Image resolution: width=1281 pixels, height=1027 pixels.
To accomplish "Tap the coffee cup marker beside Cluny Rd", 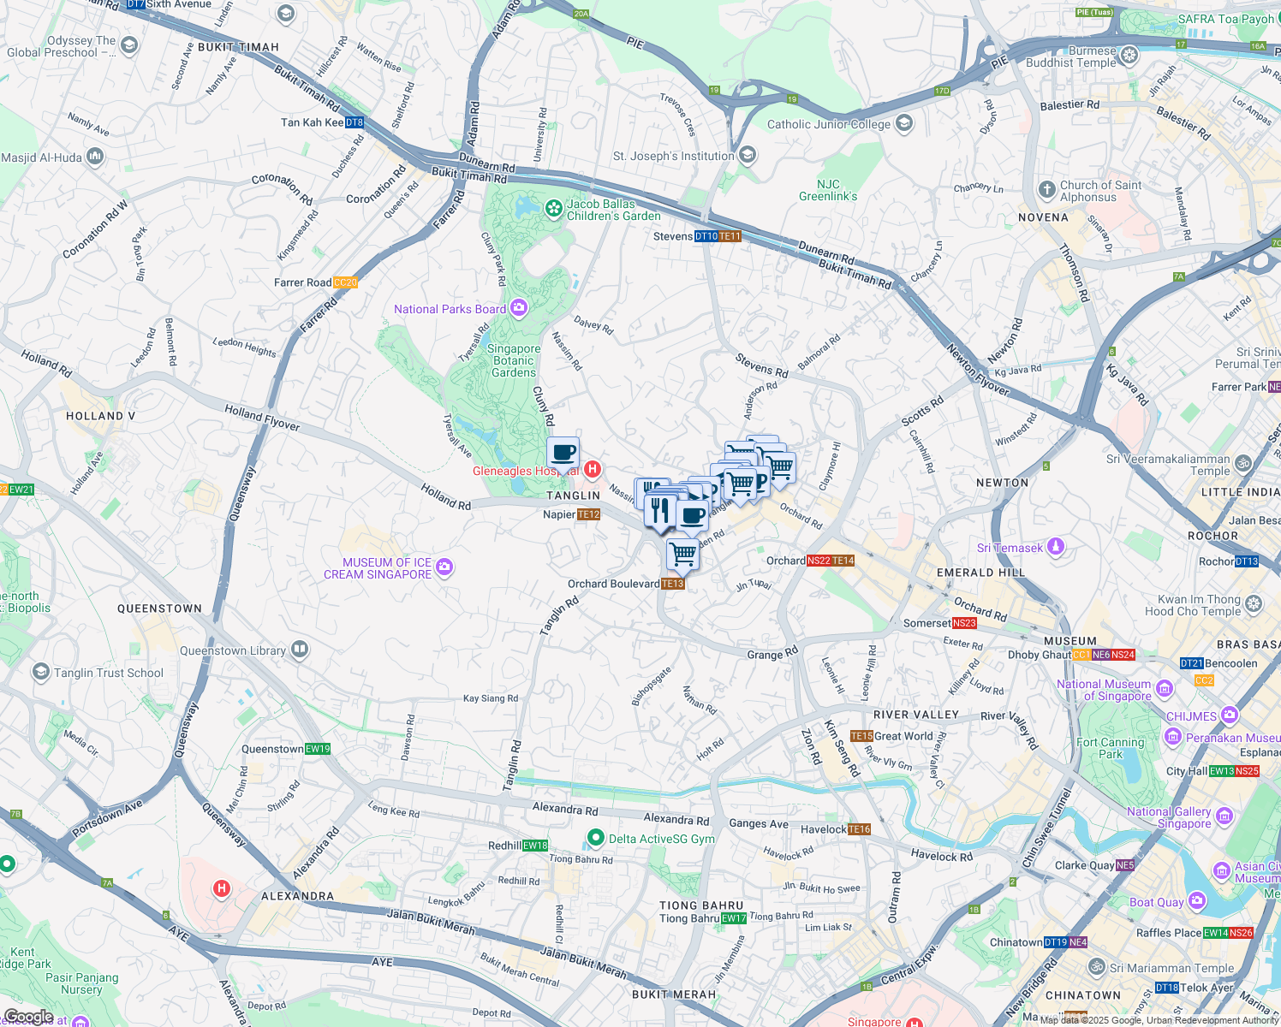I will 563,452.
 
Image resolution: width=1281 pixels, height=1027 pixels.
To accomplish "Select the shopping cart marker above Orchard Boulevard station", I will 682,554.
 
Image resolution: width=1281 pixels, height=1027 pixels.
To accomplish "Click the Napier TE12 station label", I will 571,514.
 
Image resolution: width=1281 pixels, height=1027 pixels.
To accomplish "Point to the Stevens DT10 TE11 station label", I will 696,236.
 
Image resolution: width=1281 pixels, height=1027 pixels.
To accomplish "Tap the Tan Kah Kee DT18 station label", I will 322,122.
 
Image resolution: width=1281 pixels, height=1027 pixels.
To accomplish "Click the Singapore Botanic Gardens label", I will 514,360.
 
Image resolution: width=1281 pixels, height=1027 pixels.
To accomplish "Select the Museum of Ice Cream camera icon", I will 444,567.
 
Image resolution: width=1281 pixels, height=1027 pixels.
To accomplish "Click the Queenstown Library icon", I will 299,650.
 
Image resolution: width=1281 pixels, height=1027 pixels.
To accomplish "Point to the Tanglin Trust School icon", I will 40,672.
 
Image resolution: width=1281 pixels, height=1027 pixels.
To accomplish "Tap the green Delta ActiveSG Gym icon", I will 594,838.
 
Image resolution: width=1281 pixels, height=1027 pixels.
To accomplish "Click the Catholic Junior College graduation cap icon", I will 903,124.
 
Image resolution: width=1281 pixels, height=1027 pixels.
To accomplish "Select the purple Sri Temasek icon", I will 1056,547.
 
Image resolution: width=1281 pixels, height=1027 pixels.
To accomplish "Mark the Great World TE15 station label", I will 891,736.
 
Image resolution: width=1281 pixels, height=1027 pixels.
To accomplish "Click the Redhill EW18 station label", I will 517,846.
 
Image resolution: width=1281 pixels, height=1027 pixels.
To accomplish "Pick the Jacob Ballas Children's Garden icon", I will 554,208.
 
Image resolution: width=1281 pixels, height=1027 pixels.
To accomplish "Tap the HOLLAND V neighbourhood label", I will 100,416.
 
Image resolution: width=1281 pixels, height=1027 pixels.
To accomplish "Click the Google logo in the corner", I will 28,1017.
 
